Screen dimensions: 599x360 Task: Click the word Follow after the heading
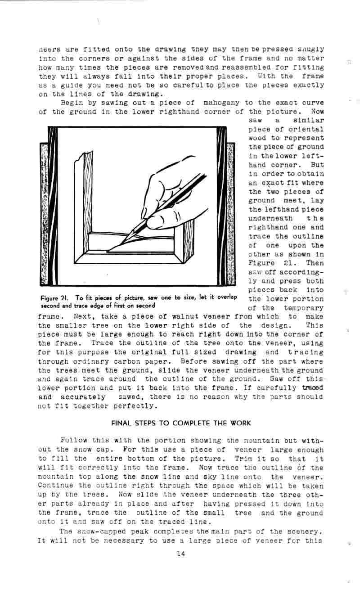(x=72, y=441)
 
